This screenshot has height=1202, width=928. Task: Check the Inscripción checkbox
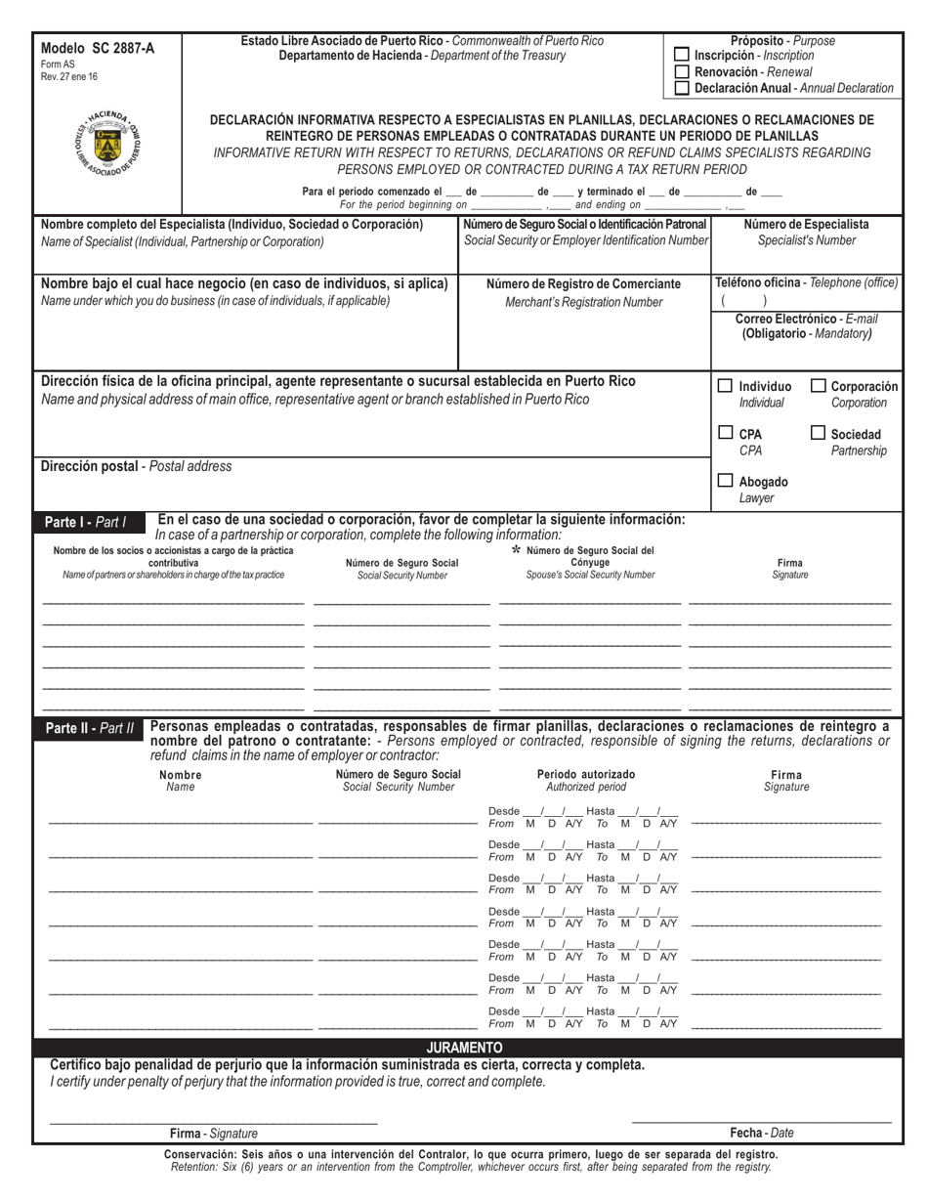point(683,56)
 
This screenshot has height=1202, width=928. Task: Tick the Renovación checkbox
point(683,72)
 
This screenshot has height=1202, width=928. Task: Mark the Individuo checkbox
point(726,386)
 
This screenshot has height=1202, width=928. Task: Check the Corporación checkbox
point(819,386)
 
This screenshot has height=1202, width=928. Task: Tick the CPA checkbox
point(726,433)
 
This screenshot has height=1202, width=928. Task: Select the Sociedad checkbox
point(819,433)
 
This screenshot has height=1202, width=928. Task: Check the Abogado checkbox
point(726,481)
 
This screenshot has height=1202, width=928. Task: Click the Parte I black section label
point(87,522)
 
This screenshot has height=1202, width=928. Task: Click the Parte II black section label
point(90,728)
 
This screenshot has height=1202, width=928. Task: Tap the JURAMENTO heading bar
point(464,1048)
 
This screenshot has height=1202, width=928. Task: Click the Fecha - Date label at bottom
point(762,1134)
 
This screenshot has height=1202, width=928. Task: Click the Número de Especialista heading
point(806,224)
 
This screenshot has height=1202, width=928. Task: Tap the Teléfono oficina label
point(806,282)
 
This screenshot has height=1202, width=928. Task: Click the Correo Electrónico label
point(806,319)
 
